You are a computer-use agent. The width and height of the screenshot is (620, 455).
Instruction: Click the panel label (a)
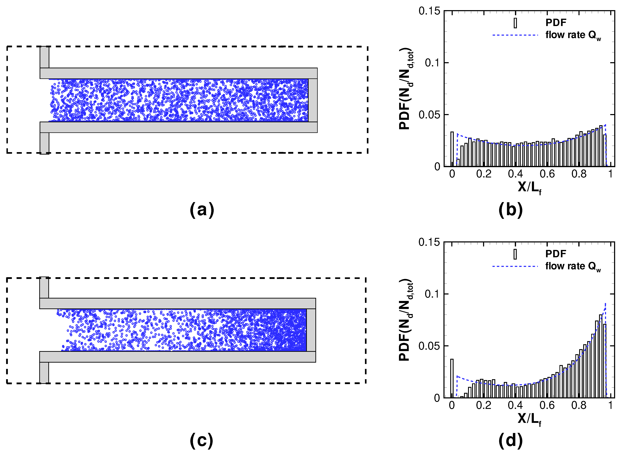coord(202,210)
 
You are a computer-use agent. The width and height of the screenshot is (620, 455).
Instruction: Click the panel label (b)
coord(510,210)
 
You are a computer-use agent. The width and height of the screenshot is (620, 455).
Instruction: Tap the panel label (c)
coord(202,441)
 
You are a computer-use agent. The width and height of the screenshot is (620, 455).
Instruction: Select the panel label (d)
coord(510,441)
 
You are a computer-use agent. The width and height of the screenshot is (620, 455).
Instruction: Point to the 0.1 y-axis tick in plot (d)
coord(433,294)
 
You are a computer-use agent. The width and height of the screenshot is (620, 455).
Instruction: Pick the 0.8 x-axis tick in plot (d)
coord(579,405)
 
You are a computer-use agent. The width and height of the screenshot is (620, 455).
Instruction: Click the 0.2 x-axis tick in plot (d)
coord(484,405)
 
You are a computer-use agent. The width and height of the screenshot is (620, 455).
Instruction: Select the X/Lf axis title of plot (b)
coord(529,188)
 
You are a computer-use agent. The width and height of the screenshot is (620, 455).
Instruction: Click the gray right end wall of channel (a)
coord(313,100)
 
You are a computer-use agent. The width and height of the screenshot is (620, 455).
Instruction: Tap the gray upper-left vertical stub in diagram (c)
coord(44,287)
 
